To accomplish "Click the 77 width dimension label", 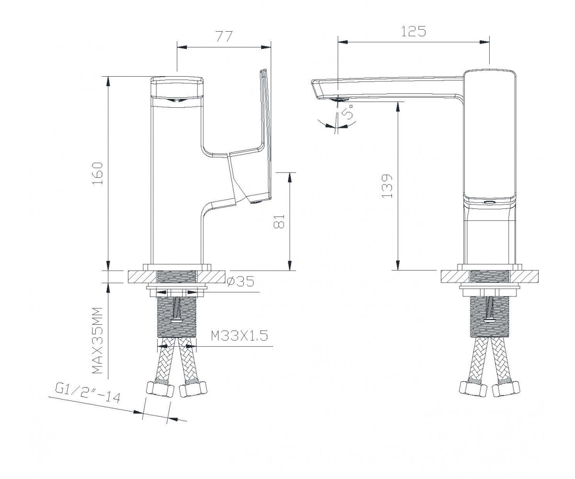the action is (223, 36).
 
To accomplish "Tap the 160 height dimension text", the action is (97, 173).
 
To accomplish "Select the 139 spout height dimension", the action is (387, 186).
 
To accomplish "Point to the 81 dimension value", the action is (279, 221).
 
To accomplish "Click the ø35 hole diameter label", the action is (241, 281).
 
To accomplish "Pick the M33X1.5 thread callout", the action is (239, 336).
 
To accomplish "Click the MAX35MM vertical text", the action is (97, 340).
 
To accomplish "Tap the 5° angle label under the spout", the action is (348, 111).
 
